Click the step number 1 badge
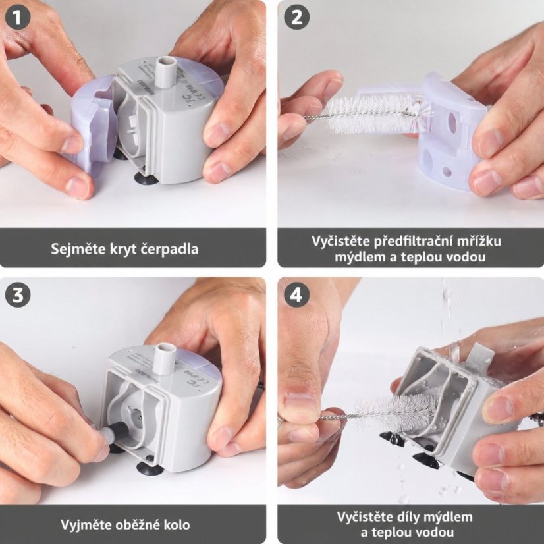[17, 17]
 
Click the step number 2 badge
[296, 17]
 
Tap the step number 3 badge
[17, 295]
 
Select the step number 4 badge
[296, 295]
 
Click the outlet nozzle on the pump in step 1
[165, 71]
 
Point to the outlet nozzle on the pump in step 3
[165, 358]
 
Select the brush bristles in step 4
[396, 410]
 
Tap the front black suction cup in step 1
[146, 178]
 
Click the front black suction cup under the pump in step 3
[150, 467]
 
